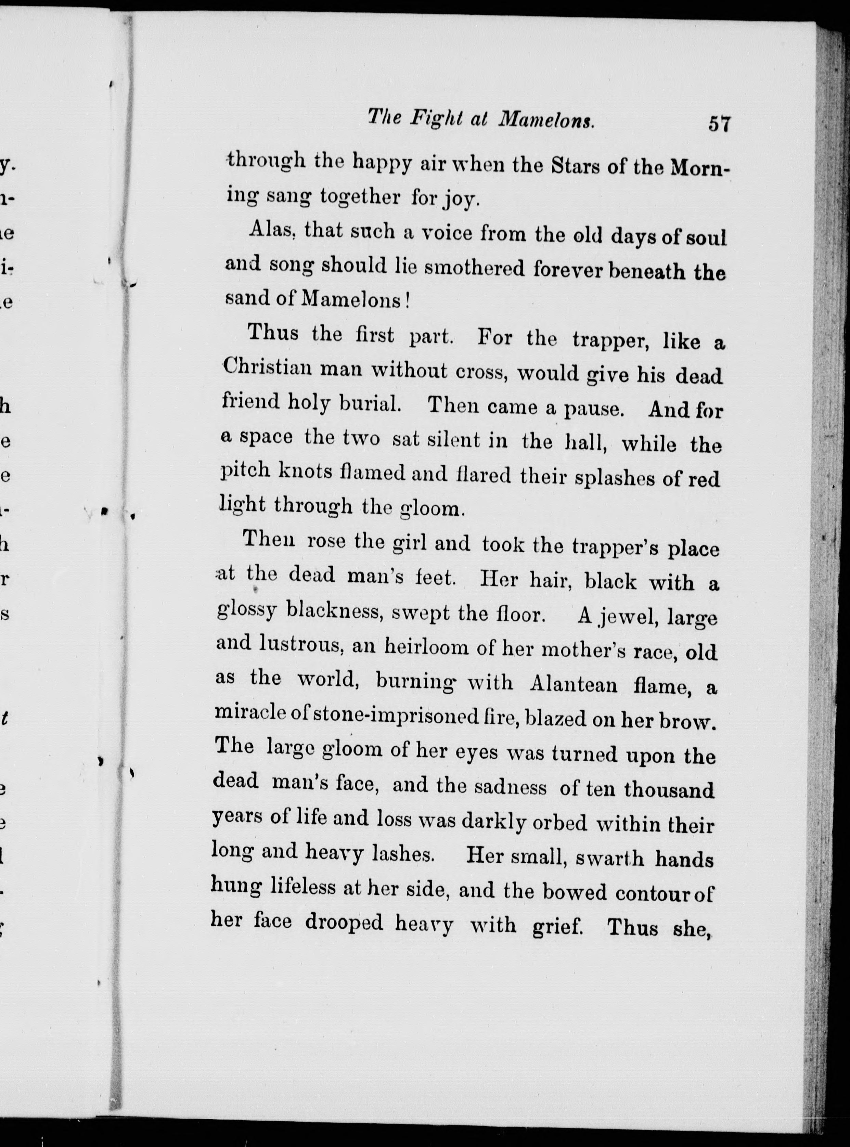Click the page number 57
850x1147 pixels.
(x=719, y=139)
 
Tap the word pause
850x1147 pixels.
(x=594, y=409)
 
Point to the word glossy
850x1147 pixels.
(x=246, y=611)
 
